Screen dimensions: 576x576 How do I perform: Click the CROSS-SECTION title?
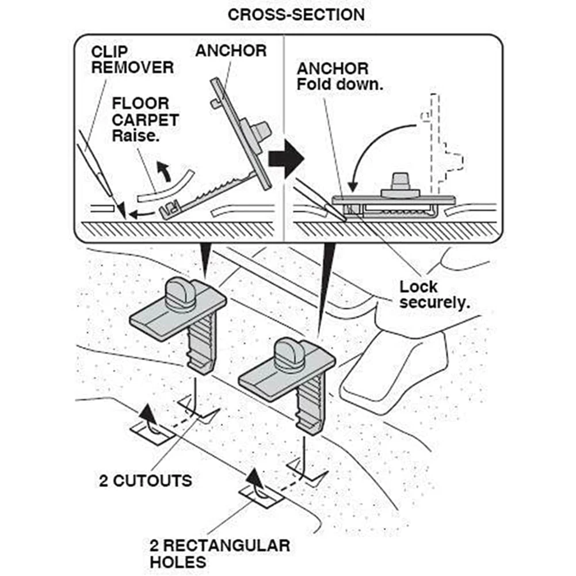[296, 14]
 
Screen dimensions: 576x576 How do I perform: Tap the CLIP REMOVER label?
[132, 59]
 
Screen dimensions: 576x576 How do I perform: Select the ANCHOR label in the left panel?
[231, 51]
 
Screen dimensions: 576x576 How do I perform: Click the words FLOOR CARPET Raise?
[145, 120]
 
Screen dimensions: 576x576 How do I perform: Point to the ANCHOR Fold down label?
[340, 77]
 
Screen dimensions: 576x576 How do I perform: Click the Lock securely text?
[434, 294]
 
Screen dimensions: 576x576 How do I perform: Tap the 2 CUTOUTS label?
[145, 480]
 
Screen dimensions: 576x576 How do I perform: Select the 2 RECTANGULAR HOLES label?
[219, 552]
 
